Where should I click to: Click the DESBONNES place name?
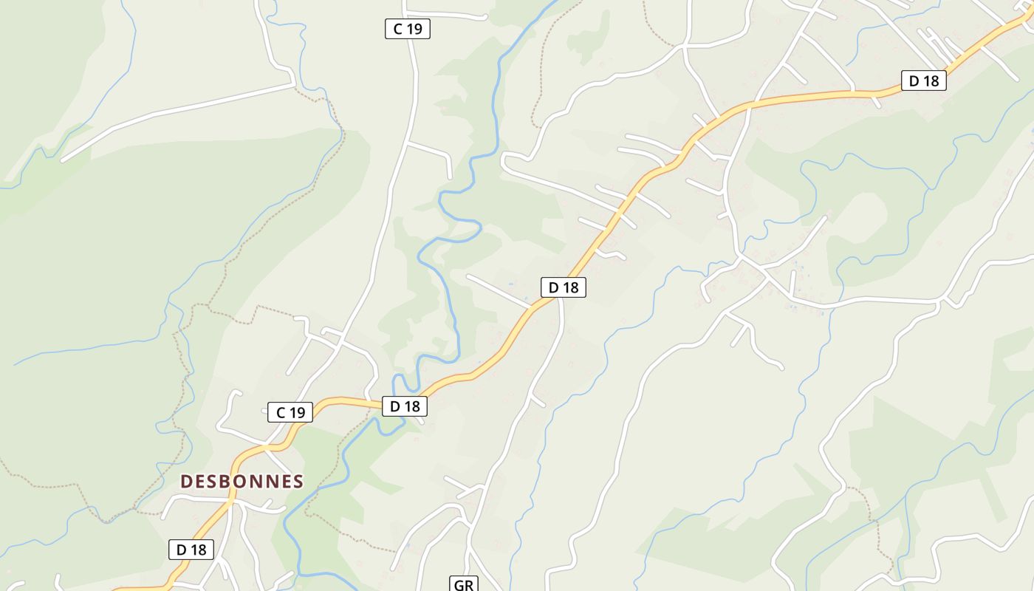tap(242, 482)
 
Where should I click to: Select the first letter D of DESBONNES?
tap(187, 482)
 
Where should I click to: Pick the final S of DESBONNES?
tap(298, 482)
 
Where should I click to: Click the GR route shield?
tap(463, 585)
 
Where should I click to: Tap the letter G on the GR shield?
tap(459, 585)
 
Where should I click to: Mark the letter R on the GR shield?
tap(468, 585)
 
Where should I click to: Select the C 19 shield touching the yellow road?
tap(290, 412)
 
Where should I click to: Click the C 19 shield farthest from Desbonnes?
tap(407, 29)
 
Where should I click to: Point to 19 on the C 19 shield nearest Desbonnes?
tap(296, 412)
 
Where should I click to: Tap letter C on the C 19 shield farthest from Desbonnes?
tap(398, 29)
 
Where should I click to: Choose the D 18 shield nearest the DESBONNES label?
tap(191, 549)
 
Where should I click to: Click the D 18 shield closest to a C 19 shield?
tap(405, 406)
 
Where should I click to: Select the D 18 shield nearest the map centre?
tap(564, 287)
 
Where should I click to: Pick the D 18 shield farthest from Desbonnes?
tap(923, 81)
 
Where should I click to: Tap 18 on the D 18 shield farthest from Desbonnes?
tap(930, 81)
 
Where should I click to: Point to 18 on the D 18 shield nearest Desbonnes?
tap(197, 549)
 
